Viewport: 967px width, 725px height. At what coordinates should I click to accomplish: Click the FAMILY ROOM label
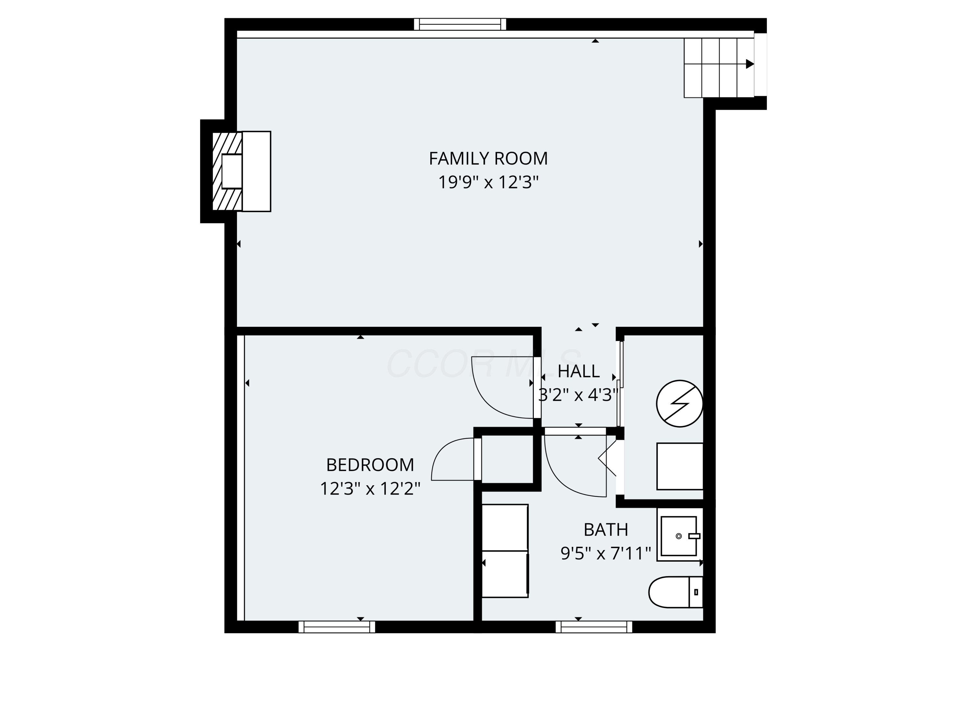(x=488, y=158)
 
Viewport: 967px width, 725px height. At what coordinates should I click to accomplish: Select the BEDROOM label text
(x=370, y=465)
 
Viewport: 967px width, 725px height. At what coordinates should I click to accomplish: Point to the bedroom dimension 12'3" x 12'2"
(x=370, y=488)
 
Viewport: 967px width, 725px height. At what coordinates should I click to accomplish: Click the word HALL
(x=578, y=371)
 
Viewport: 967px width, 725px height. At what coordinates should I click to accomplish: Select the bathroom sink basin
(x=678, y=536)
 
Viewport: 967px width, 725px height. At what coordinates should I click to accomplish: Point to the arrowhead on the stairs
(x=749, y=64)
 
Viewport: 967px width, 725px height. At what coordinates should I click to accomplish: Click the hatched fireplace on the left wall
(x=227, y=171)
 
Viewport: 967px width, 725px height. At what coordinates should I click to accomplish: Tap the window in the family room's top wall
(x=460, y=24)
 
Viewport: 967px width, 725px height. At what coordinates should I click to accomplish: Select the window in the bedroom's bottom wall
(x=337, y=627)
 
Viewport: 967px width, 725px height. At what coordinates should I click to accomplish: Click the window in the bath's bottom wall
(x=594, y=627)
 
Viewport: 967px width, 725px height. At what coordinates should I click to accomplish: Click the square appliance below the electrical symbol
(x=679, y=466)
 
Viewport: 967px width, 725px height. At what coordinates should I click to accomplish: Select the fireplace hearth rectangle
(x=256, y=171)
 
